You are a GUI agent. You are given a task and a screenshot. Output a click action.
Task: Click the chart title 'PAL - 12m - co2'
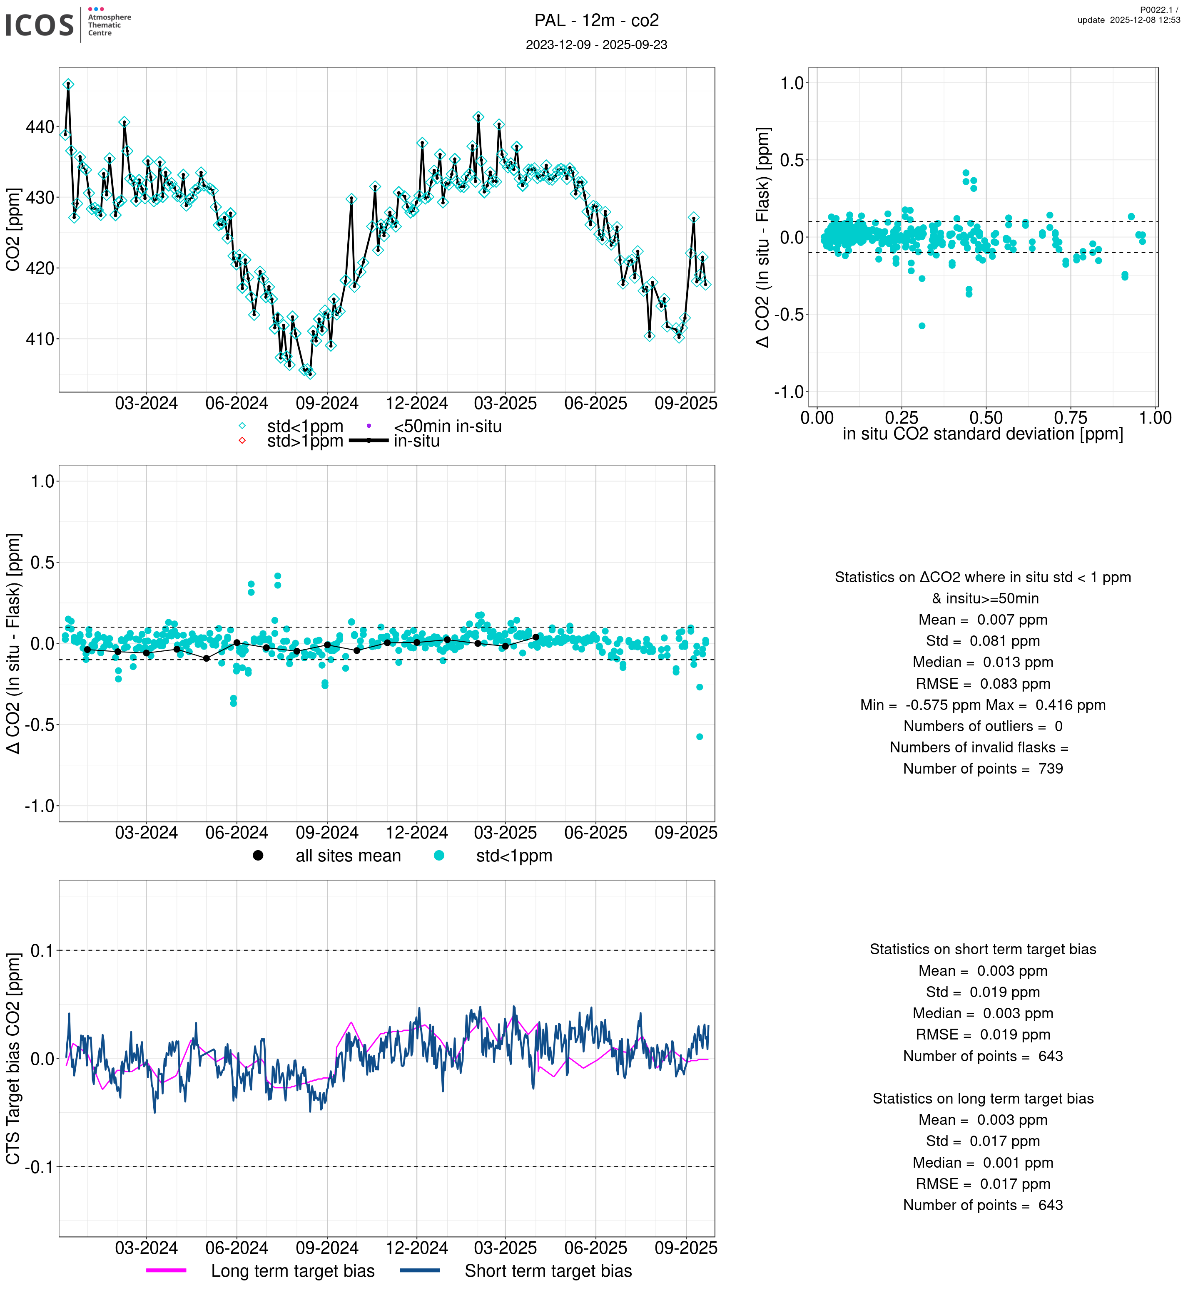[596, 21]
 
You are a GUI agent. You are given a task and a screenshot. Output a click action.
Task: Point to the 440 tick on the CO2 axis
[40, 127]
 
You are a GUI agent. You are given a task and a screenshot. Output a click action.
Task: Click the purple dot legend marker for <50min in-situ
[369, 426]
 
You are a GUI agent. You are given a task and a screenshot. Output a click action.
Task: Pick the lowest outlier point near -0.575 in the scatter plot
[922, 326]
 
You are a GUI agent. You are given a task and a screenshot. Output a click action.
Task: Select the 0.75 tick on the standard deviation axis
[1070, 418]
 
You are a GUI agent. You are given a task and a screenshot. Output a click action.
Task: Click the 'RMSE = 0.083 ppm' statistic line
[983, 684]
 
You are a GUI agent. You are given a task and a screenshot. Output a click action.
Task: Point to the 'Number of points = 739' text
[983, 769]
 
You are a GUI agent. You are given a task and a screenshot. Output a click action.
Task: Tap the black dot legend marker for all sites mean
[258, 856]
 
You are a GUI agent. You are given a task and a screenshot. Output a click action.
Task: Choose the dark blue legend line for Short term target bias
[420, 1270]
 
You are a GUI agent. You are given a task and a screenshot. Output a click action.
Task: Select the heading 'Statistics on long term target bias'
[983, 1099]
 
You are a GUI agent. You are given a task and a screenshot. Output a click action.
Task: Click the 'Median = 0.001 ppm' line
[983, 1163]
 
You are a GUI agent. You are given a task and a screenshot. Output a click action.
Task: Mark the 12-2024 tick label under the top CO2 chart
[416, 404]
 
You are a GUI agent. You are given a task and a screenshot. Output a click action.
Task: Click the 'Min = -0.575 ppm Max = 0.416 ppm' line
[983, 705]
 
